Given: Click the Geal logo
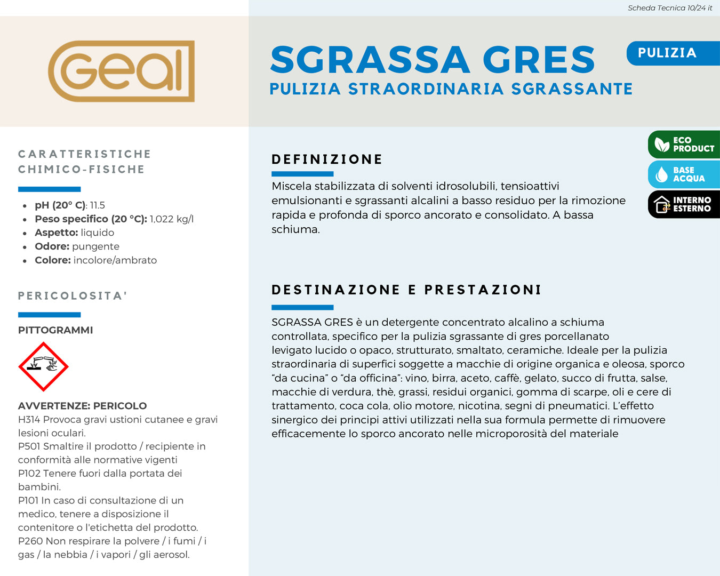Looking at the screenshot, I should pyautogui.click(x=121, y=71).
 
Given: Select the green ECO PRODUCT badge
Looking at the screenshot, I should pyautogui.click(x=684, y=145).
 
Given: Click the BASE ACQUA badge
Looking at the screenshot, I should pyautogui.click(x=684, y=174).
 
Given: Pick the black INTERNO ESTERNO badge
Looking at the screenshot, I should pyautogui.click(x=684, y=204).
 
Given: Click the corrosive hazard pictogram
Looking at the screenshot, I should pyautogui.click(x=43, y=366).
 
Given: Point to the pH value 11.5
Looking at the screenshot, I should pyautogui.click(x=98, y=205).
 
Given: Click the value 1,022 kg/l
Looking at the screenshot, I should pyautogui.click(x=172, y=219).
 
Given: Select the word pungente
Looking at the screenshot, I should pyautogui.click(x=96, y=246).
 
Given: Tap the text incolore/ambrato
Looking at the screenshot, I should pyautogui.click(x=115, y=260).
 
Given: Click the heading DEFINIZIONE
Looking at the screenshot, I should pyautogui.click(x=327, y=159).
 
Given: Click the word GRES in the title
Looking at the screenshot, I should pyautogui.click(x=539, y=60).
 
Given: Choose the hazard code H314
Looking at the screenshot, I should pyautogui.click(x=29, y=420).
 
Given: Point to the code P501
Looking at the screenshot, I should pyautogui.click(x=29, y=446).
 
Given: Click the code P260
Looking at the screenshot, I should pyautogui.click(x=30, y=541).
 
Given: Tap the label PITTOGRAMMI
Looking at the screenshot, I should pyautogui.click(x=55, y=330).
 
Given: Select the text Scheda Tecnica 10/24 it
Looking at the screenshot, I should pyautogui.click(x=670, y=8).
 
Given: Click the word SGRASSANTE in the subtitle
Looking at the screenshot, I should pyautogui.click(x=572, y=89).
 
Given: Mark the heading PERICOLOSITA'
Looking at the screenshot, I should pyautogui.click(x=73, y=296).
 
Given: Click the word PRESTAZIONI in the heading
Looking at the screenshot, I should pyautogui.click(x=483, y=290).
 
